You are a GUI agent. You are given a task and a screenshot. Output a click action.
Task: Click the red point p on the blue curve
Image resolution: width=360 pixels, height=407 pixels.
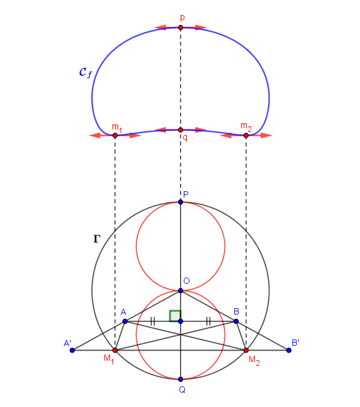[181, 28]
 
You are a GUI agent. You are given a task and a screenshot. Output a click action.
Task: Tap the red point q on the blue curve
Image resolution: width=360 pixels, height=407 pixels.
[181, 130]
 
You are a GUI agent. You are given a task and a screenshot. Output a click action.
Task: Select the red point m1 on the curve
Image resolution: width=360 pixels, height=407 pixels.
[115, 135]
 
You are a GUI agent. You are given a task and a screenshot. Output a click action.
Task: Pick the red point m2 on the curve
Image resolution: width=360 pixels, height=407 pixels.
[246, 135]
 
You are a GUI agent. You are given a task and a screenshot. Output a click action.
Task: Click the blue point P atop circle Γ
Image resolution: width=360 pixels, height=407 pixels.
[181, 202]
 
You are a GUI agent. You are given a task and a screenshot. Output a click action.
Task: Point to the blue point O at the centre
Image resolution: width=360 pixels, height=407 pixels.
[181, 291]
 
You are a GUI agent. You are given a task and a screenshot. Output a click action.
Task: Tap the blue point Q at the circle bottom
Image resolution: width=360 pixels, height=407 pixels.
[181, 379]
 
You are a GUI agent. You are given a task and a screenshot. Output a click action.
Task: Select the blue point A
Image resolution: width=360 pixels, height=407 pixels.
[125, 321]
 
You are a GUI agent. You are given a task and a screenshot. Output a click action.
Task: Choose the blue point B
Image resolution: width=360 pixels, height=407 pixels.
[236, 321]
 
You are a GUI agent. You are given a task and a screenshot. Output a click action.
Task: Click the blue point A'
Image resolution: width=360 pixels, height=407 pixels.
[72, 350]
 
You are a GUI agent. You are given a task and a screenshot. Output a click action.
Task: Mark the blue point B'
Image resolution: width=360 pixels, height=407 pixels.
[289, 350]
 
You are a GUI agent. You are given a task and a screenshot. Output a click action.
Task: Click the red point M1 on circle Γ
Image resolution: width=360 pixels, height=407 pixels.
[115, 350]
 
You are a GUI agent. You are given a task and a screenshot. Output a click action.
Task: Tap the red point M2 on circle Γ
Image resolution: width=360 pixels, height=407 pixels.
[246, 350]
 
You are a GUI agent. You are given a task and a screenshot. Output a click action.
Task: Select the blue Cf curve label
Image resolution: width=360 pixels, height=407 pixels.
[86, 73]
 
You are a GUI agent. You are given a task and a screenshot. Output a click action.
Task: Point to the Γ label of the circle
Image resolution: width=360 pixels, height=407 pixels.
[97, 239]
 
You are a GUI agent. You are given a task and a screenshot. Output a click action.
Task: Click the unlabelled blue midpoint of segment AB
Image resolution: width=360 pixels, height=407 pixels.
[181, 321]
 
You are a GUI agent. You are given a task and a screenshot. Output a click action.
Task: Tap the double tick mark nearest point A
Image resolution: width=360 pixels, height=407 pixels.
[152, 321]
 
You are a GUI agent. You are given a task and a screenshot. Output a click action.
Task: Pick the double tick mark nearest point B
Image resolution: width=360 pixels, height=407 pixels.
[208, 321]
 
